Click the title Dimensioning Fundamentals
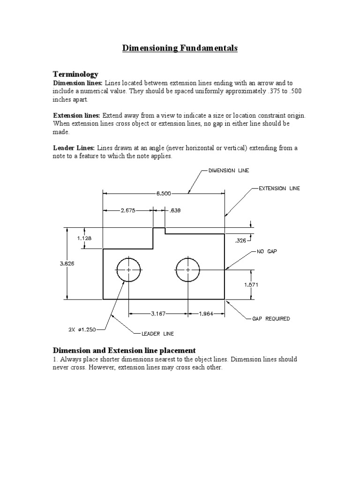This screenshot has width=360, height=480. pyautogui.click(x=180, y=48)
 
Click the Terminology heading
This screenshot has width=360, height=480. pyautogui.click(x=75, y=74)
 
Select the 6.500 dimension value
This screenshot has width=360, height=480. pyautogui.click(x=164, y=193)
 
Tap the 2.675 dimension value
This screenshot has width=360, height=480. pyautogui.click(x=127, y=211)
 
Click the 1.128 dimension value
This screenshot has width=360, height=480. pyautogui.click(x=84, y=238)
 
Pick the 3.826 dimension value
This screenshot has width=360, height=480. pyautogui.click(x=67, y=264)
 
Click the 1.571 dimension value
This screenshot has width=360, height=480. pyautogui.click(x=251, y=285)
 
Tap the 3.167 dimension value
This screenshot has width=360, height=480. pyautogui.click(x=159, y=314)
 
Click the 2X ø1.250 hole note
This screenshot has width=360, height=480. pyautogui.click(x=82, y=330)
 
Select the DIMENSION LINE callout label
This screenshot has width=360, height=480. pyautogui.click(x=229, y=171)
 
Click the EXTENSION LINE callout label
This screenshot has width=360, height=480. pyautogui.click(x=279, y=188)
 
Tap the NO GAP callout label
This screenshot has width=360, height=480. pyautogui.click(x=267, y=252)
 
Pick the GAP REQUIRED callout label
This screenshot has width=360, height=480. pyautogui.click(x=271, y=319)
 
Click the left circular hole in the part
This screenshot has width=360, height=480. pyautogui.click(x=128, y=270)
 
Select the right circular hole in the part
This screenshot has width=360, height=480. pyautogui.click(x=188, y=270)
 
